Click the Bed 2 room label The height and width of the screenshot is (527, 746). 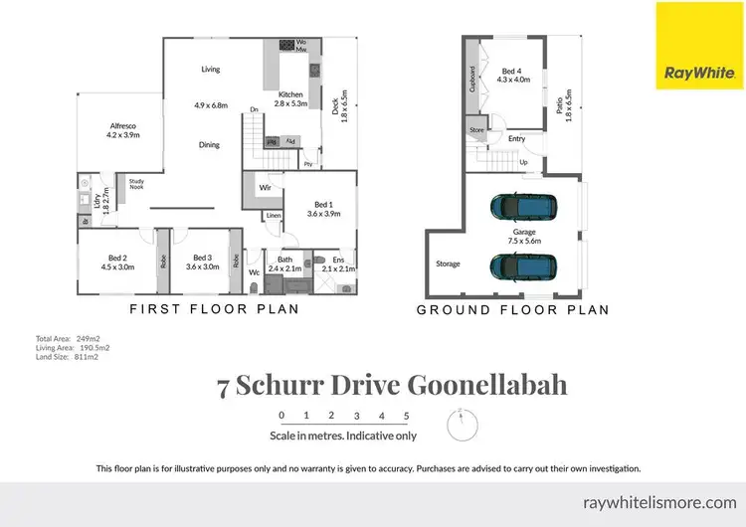tap(117, 262)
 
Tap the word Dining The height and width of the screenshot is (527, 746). tap(209, 145)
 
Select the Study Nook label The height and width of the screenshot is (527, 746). tap(130, 186)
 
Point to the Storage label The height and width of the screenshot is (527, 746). tap(448, 263)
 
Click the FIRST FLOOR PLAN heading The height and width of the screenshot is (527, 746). tap(215, 309)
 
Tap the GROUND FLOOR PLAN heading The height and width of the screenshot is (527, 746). tap(511, 309)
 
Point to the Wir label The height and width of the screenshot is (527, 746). tap(264, 186)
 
